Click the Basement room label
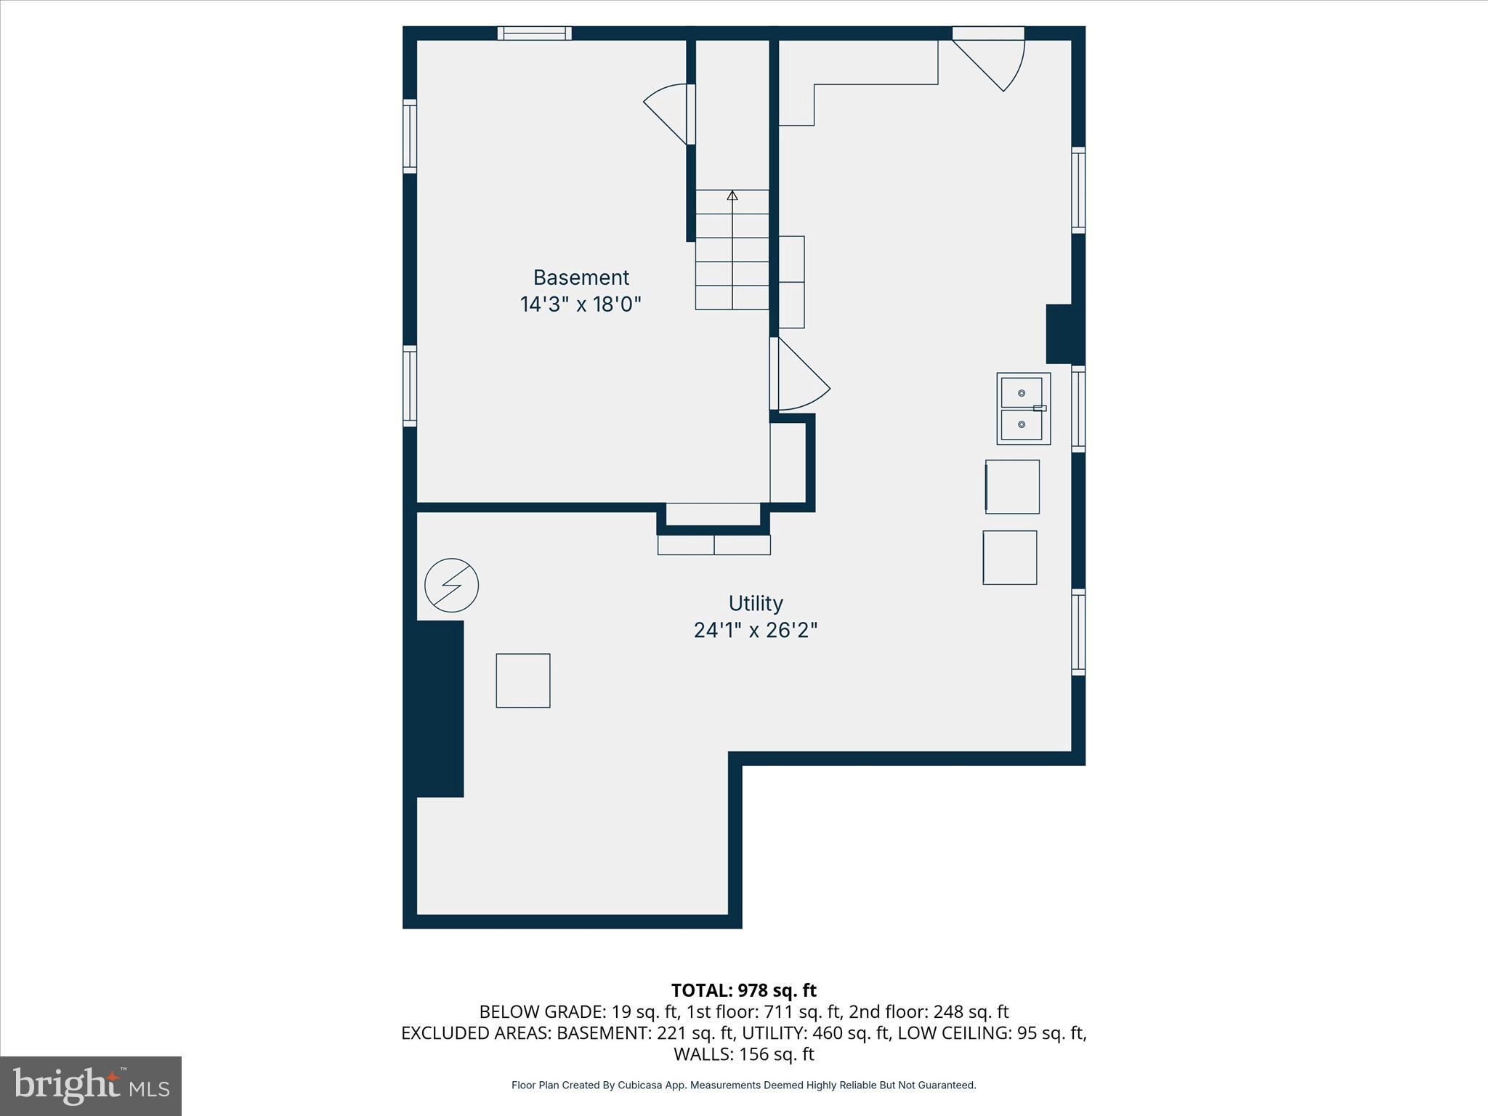click(x=581, y=278)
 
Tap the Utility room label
click(x=756, y=603)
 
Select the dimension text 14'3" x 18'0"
click(x=581, y=304)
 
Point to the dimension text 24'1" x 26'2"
click(x=756, y=630)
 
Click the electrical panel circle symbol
click(x=451, y=585)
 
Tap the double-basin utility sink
click(x=1023, y=408)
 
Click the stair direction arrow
click(x=732, y=195)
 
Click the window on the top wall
click(x=534, y=33)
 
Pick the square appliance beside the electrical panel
click(x=523, y=681)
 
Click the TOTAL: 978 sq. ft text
click(x=743, y=990)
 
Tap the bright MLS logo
click(x=91, y=1085)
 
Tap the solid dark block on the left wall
click(x=440, y=708)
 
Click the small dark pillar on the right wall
click(x=1059, y=333)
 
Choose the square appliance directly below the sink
click(x=1012, y=487)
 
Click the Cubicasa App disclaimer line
click(x=743, y=1085)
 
